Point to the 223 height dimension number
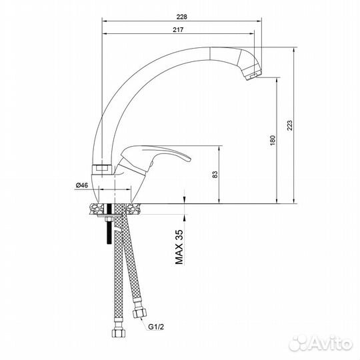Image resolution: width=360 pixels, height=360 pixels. click(x=288, y=126)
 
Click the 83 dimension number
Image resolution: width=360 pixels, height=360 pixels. click(x=215, y=175)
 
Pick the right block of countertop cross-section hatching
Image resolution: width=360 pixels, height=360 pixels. click(x=134, y=208)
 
